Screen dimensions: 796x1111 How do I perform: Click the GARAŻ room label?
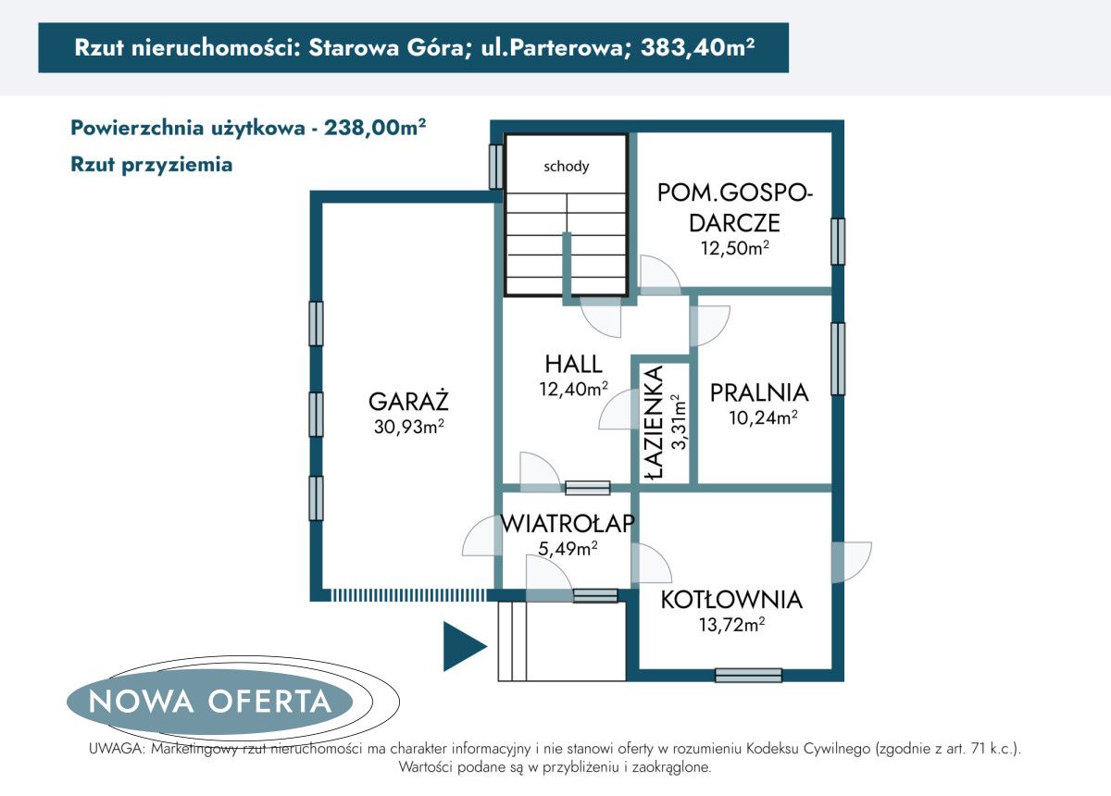(x=408, y=402)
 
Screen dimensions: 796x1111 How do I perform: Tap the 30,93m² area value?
(x=408, y=426)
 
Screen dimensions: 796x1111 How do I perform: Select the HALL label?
(x=573, y=365)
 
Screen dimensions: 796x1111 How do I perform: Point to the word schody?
(x=567, y=167)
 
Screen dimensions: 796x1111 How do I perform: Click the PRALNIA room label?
(x=759, y=392)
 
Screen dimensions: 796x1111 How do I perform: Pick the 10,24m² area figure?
(x=764, y=417)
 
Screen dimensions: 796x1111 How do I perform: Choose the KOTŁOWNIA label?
(x=731, y=600)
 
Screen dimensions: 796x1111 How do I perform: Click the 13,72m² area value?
(x=730, y=626)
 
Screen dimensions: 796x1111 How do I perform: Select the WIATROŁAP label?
(x=568, y=524)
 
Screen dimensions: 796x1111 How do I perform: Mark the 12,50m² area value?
(x=737, y=248)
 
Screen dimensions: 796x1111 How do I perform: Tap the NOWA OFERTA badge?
(x=209, y=701)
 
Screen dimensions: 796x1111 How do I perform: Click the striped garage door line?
(x=407, y=594)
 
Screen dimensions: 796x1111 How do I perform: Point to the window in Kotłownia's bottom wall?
(x=748, y=676)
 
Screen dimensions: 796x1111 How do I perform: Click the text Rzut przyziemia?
(x=151, y=165)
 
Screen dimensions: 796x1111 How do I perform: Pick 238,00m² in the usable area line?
(x=375, y=128)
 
